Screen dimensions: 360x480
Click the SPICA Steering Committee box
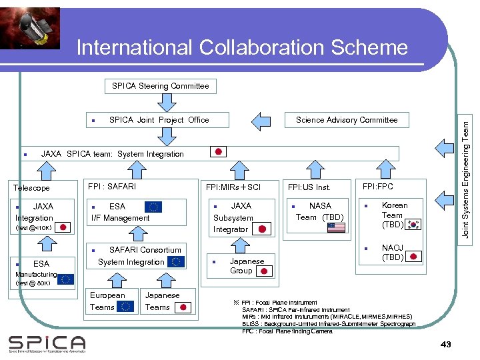(160, 86)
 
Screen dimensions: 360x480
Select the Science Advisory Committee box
(346, 120)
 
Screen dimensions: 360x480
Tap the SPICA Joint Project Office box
(159, 120)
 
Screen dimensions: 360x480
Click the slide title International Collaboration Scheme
(241, 47)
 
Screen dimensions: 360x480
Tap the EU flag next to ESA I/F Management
(153, 207)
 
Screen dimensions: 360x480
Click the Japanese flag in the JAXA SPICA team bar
(219, 151)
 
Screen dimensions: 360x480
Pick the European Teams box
(111, 301)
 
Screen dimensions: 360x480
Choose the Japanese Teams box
(167, 301)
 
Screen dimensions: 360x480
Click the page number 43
(446, 344)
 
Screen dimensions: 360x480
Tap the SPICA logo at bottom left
(47, 343)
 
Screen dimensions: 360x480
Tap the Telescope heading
(31, 188)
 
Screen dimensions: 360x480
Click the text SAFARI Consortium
(145, 250)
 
